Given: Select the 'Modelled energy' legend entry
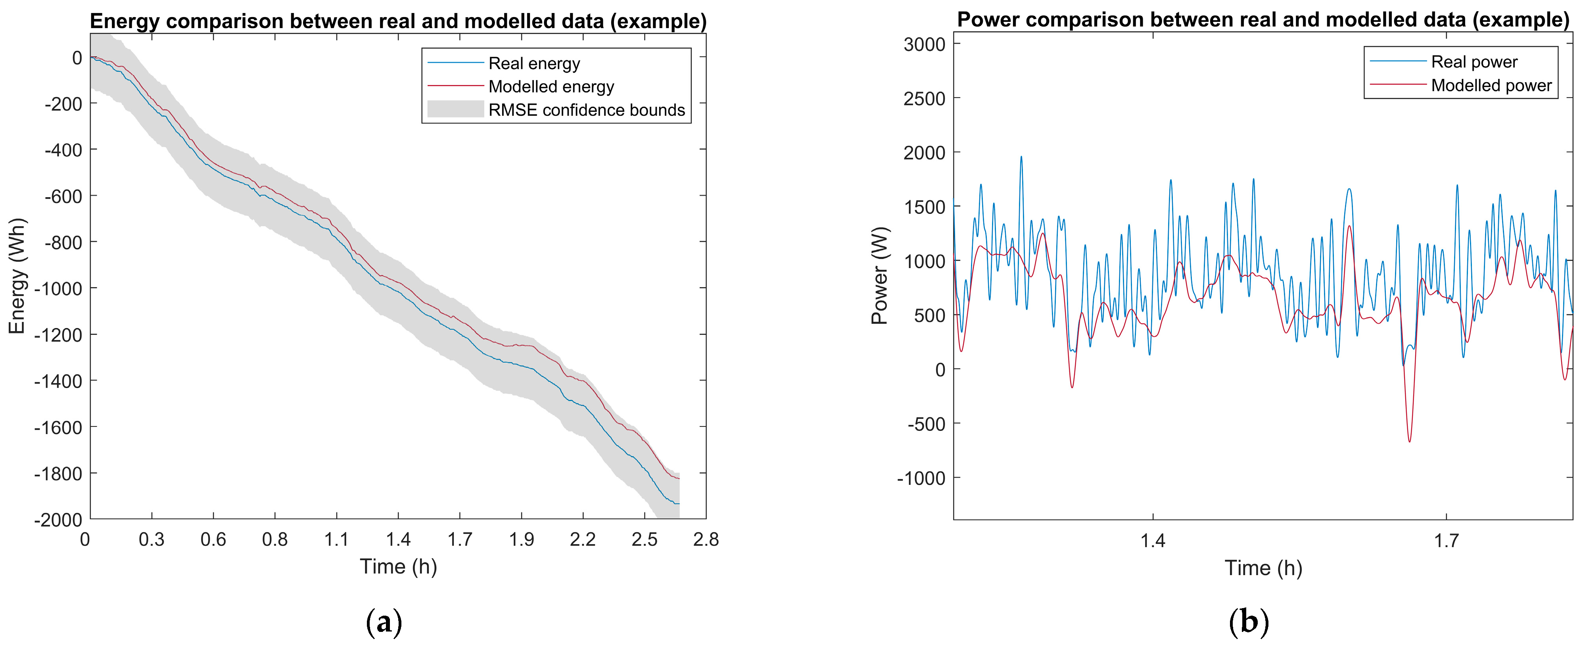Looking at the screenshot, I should (x=551, y=86).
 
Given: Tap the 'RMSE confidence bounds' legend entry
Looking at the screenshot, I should (x=586, y=110).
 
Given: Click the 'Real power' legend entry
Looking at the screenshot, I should (x=1474, y=62).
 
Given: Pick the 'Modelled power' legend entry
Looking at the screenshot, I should (x=1491, y=85).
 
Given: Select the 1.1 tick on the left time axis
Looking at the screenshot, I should (x=336, y=539).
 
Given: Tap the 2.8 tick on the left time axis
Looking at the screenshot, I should (x=706, y=539).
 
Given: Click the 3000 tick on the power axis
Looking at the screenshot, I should (x=924, y=44).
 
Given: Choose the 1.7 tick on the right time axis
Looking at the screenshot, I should (x=1447, y=541).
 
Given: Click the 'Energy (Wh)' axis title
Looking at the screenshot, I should (x=17, y=276).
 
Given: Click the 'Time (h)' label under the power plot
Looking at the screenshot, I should (x=1263, y=568).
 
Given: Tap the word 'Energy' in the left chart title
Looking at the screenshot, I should (x=125, y=21).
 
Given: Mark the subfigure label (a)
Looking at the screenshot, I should (x=384, y=622).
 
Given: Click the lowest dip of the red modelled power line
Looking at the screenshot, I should (x=1409, y=441).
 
